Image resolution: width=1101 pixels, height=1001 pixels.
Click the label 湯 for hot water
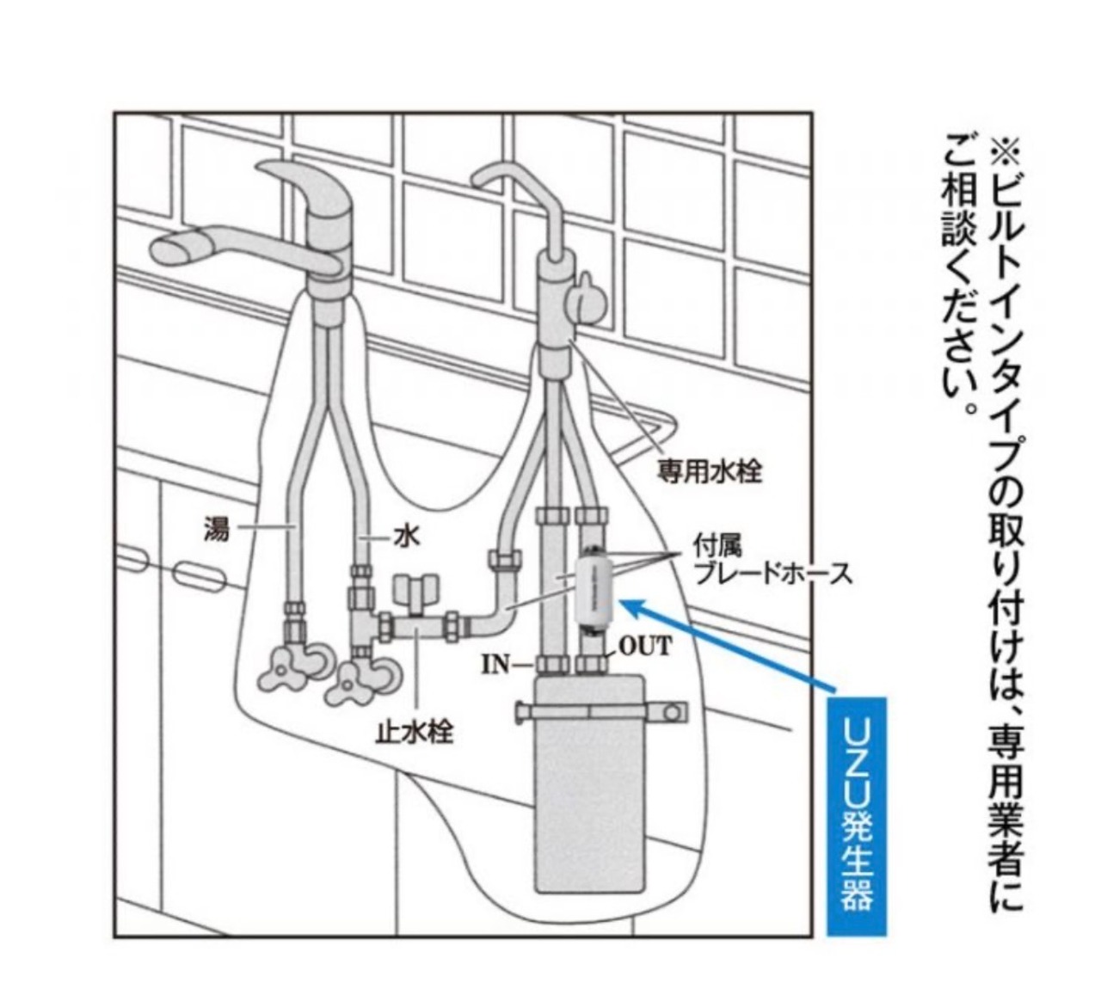click(x=216, y=527)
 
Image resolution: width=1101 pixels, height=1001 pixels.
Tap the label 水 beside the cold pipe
click(x=407, y=537)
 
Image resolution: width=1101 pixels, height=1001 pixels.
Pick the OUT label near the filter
click(x=644, y=645)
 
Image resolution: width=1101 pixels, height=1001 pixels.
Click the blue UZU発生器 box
click(x=856, y=816)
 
